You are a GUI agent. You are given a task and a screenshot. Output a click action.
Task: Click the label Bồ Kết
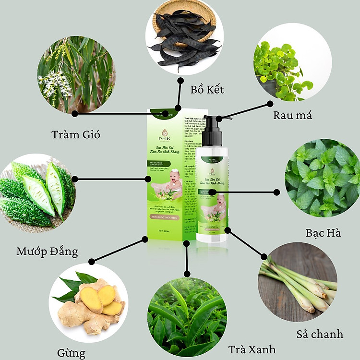(207, 90)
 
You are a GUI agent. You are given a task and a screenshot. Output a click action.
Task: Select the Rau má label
(292, 115)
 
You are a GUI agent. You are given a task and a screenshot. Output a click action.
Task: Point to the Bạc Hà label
(323, 233)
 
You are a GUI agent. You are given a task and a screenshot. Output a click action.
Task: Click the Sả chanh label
(320, 334)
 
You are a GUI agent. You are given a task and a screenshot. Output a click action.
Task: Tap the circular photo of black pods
(184, 38)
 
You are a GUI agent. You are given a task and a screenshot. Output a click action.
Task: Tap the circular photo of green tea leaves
(187, 316)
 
